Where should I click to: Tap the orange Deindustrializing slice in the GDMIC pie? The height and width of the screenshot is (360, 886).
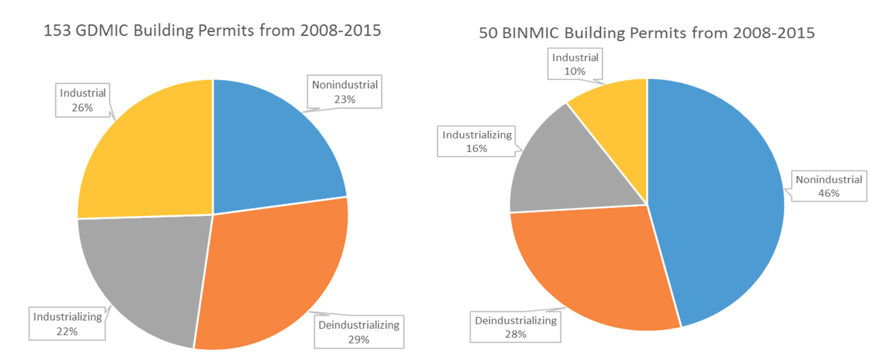pyautogui.click(x=274, y=274)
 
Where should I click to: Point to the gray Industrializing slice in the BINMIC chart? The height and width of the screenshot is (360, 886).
pyautogui.click(x=571, y=171)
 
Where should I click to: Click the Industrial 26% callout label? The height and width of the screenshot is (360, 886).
pyautogui.click(x=83, y=100)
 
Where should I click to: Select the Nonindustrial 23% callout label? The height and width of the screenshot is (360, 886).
pyautogui.click(x=344, y=92)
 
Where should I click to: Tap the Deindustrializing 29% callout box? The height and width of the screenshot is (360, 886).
pyautogui.click(x=359, y=332)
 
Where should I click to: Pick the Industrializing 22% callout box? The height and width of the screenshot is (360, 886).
pyautogui.click(x=67, y=324)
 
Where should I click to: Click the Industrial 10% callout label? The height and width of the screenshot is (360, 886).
pyautogui.click(x=575, y=64)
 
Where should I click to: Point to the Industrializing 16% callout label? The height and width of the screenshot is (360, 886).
pyautogui.click(x=476, y=141)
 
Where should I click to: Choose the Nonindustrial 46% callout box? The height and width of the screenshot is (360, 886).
pyautogui.click(x=829, y=186)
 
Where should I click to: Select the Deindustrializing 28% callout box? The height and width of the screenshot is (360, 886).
pyautogui.click(x=515, y=327)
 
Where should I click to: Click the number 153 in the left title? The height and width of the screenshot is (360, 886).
pyautogui.click(x=57, y=30)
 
